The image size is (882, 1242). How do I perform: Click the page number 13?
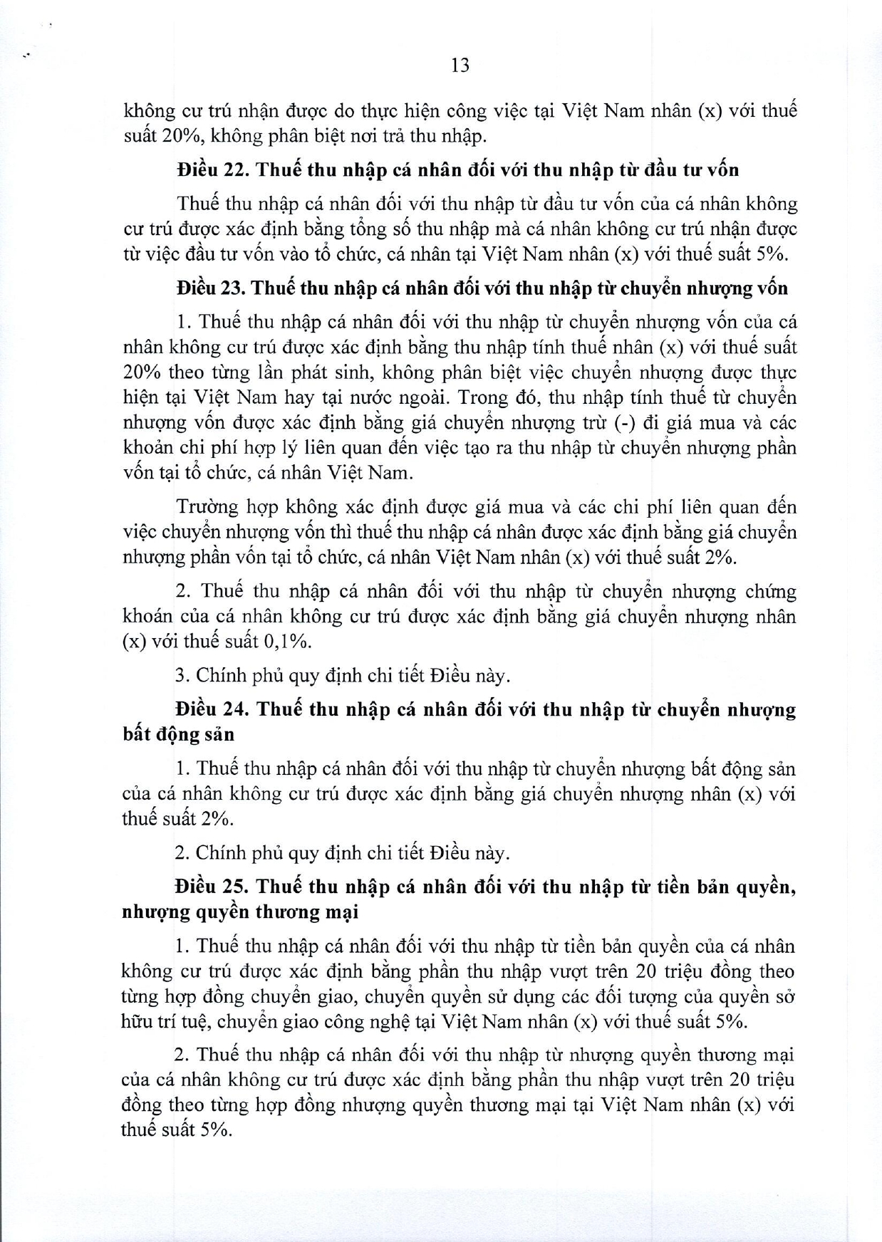460,66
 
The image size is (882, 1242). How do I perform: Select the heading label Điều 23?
208,288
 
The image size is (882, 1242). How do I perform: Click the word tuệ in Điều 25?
191,1022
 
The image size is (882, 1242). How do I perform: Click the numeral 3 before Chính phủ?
180,675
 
